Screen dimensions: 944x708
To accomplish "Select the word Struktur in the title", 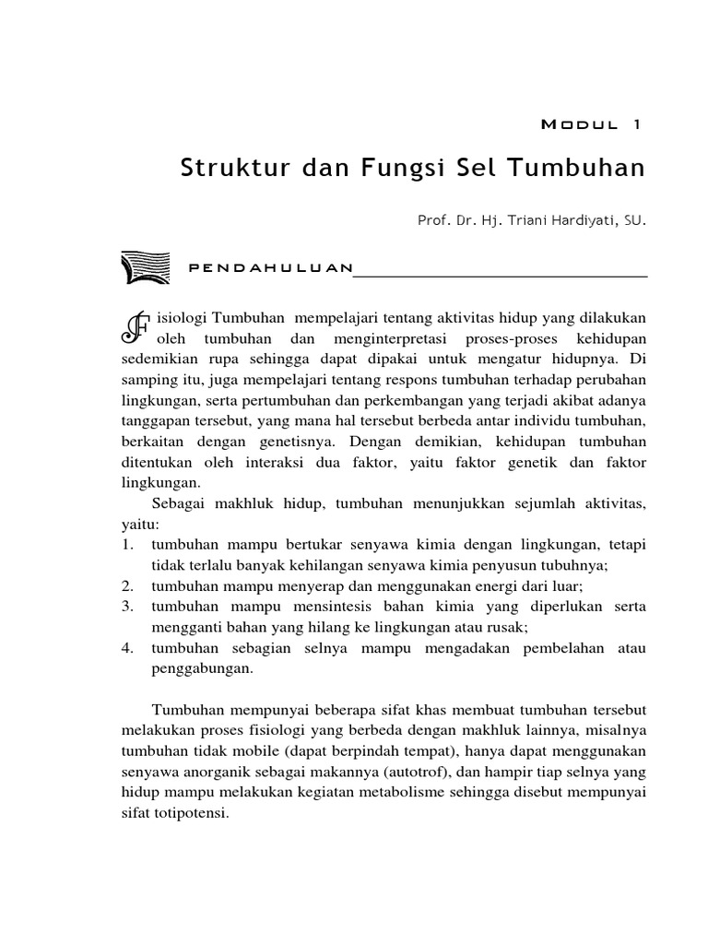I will coord(225,171).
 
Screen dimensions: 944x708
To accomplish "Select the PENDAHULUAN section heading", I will coord(269,268).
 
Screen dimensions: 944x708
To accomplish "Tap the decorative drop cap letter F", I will coord(133,329).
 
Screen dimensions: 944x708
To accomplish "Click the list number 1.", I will coord(127,544).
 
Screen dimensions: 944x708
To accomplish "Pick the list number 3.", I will coord(127,607).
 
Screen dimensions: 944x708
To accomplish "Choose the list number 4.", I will coord(127,648).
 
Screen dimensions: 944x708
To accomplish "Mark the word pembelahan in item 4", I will coord(535,648).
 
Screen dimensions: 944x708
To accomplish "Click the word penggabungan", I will coord(202,668).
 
